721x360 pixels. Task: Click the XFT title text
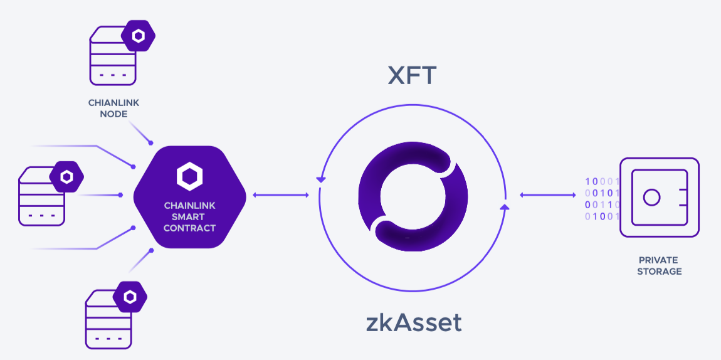point(412,76)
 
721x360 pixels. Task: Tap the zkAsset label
point(413,322)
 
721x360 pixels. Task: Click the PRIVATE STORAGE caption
point(659,266)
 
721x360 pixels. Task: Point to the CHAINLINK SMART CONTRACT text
point(189,216)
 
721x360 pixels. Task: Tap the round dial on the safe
point(652,197)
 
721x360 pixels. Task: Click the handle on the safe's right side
point(684,197)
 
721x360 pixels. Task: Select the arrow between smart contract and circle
point(281,196)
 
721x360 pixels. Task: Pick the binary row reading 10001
point(602,182)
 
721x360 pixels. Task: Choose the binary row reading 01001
point(602,216)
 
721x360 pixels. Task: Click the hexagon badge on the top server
point(139,36)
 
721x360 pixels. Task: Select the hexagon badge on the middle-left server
point(66,177)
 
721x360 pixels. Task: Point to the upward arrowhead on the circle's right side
point(505,206)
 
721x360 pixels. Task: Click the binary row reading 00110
point(602,205)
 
